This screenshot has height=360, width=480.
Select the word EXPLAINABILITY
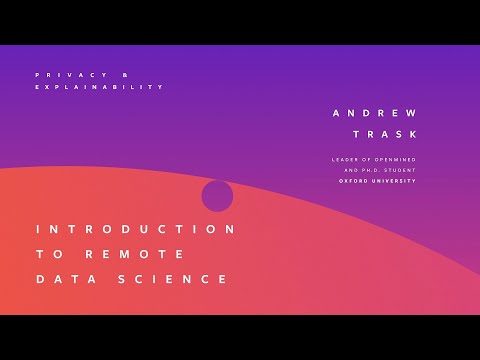(x=98, y=87)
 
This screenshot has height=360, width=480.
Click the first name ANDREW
(x=374, y=113)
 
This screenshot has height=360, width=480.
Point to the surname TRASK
(x=385, y=134)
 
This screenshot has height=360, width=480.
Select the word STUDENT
(x=401, y=171)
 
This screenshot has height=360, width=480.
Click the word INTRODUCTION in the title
(x=136, y=229)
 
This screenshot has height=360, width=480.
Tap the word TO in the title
(x=47, y=254)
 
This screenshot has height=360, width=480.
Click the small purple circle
(x=217, y=196)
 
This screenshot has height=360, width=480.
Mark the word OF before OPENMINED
(x=366, y=160)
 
